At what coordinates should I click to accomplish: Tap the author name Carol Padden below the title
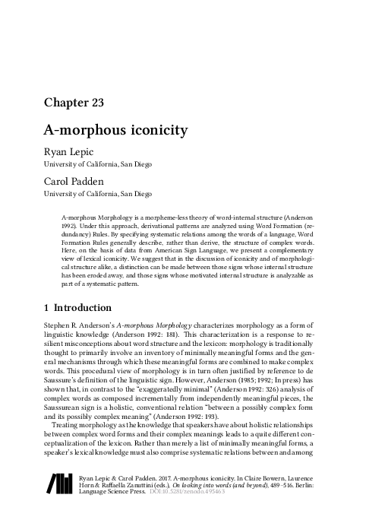[x=77, y=182]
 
